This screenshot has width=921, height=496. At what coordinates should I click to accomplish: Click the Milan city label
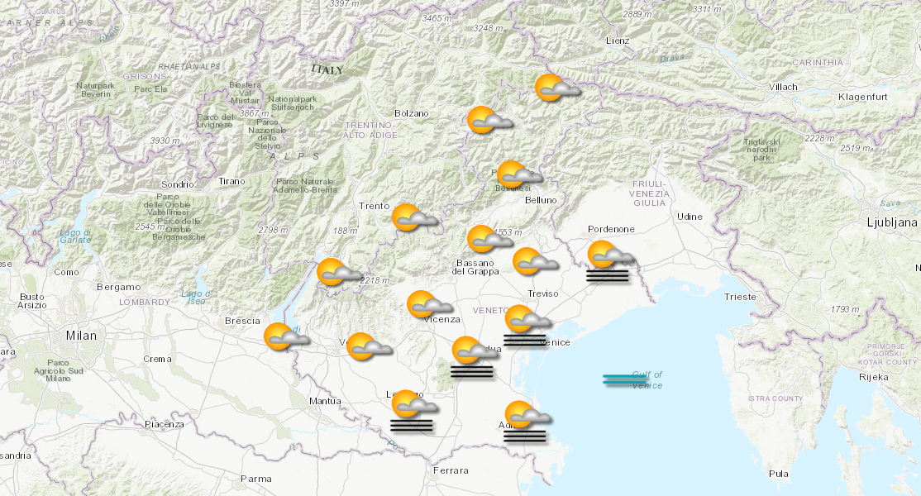click(x=82, y=336)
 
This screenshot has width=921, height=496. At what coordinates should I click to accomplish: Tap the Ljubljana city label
click(x=892, y=222)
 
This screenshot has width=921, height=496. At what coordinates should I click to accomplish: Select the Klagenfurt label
click(x=862, y=98)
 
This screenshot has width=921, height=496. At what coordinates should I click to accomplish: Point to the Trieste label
click(x=739, y=296)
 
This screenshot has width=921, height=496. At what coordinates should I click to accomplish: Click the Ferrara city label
click(x=450, y=470)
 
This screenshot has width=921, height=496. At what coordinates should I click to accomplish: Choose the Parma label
click(x=255, y=478)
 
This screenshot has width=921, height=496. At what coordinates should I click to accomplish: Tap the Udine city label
click(x=690, y=217)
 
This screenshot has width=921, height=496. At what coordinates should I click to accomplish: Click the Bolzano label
click(x=412, y=113)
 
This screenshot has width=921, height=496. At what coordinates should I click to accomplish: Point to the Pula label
click(x=778, y=474)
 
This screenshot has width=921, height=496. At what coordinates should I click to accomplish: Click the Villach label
click(x=783, y=87)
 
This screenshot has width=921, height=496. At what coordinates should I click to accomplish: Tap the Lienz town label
click(x=617, y=41)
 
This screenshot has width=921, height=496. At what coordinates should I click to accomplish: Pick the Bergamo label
click(x=118, y=287)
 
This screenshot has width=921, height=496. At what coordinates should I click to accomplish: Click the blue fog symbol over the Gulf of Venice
click(x=625, y=379)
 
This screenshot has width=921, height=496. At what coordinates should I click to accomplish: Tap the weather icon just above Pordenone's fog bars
click(x=609, y=255)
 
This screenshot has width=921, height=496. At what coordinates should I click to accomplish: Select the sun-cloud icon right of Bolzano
click(x=489, y=121)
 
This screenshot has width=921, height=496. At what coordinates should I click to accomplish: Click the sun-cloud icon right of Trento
click(x=413, y=217)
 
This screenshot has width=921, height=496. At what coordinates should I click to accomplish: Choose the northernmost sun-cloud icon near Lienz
click(x=556, y=88)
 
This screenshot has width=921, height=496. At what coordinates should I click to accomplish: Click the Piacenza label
click(x=164, y=424)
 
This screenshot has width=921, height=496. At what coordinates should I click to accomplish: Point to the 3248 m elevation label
click(x=488, y=28)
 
